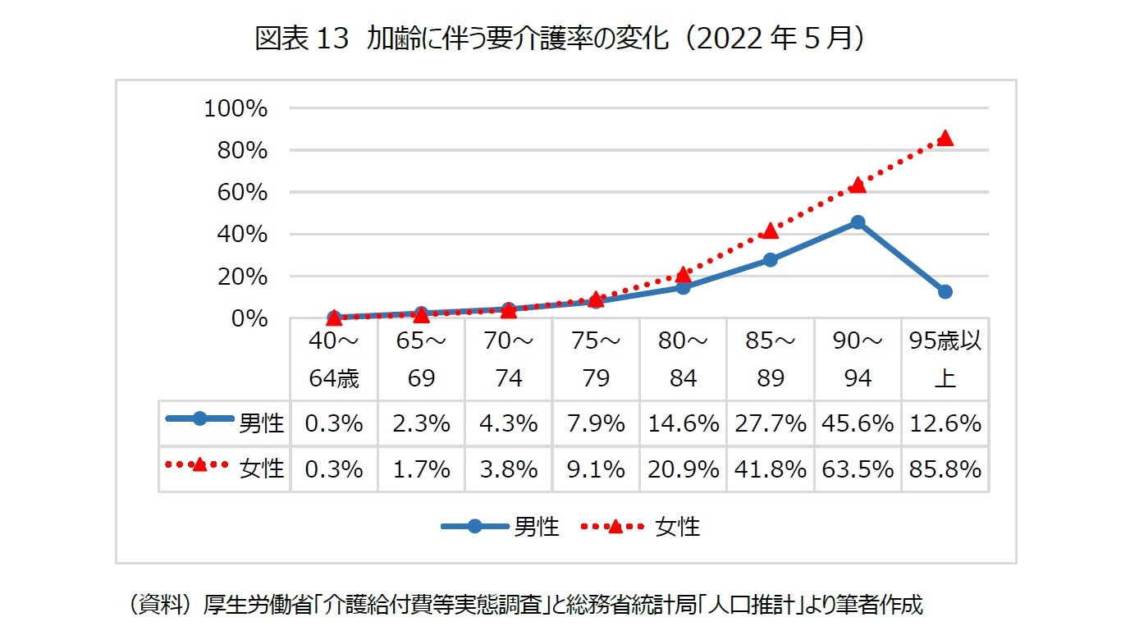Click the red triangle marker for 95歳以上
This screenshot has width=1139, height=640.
(x=945, y=138)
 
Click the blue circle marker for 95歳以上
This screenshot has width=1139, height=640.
(x=945, y=291)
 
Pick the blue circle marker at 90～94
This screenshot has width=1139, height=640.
(x=858, y=222)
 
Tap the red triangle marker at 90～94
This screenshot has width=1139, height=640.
(x=858, y=185)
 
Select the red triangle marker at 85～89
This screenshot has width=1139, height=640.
(x=771, y=231)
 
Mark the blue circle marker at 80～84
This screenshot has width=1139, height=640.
(x=683, y=287)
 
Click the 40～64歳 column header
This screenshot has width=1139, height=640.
(x=334, y=359)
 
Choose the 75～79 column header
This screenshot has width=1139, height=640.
(x=596, y=359)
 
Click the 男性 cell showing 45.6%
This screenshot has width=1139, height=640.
(x=858, y=423)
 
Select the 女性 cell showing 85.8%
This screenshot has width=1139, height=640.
(x=945, y=469)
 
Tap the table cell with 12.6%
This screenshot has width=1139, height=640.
(x=945, y=423)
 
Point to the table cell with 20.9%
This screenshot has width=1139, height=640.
(x=683, y=469)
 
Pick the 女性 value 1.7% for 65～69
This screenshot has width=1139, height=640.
(x=421, y=469)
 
